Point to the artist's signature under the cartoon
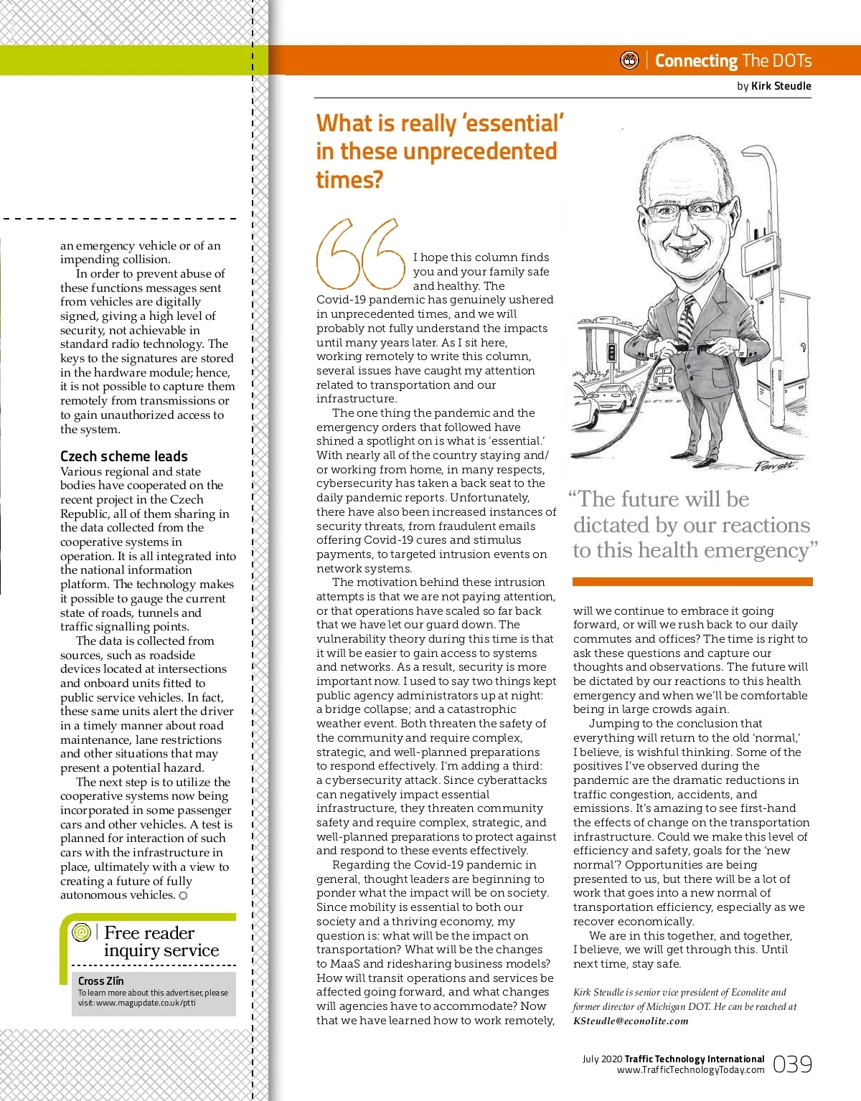pos(775,466)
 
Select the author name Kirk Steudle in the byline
pos(781,86)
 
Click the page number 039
pos(792,1064)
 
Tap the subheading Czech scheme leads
pos(124,456)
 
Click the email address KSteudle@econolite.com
pos(631,1021)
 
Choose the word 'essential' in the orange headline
pos(514,123)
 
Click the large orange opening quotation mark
pos(360,252)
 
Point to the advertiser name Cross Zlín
pos(100,980)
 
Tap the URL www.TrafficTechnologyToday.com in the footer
pos(690,1070)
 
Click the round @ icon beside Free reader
pos(82,932)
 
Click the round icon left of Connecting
pos(629,61)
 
